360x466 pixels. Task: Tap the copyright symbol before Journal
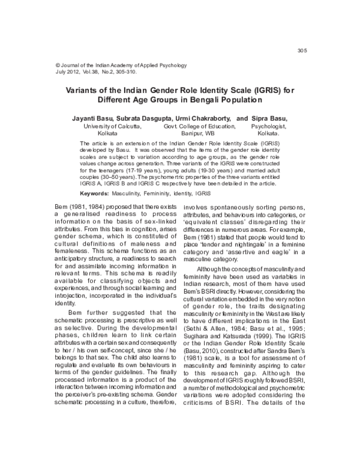(x=58, y=64)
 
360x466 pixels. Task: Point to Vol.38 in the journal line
(x=99, y=71)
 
